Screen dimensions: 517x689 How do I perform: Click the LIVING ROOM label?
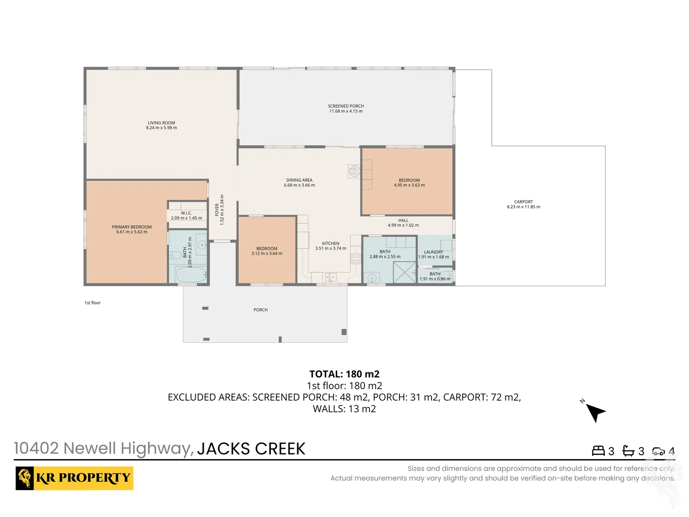click(x=161, y=123)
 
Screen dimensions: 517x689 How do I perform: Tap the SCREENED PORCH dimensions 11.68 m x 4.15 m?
click(x=345, y=111)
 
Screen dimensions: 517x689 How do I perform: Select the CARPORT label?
click(x=523, y=202)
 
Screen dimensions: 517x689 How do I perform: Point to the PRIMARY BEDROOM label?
click(x=132, y=227)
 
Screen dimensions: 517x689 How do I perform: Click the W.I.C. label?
click(x=186, y=213)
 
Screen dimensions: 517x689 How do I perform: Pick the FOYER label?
click(x=217, y=210)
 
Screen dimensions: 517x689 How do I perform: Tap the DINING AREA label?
click(x=299, y=180)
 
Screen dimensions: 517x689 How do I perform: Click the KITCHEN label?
click(x=331, y=243)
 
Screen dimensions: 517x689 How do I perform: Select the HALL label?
click(x=403, y=220)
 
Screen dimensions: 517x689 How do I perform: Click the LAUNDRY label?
click(x=433, y=252)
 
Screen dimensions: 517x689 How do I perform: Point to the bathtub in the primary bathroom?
click(x=191, y=275)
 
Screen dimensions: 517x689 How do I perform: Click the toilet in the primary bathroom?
click(x=175, y=254)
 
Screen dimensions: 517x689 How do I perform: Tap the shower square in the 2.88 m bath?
click(x=404, y=273)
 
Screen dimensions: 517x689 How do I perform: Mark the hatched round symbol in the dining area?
click(x=354, y=171)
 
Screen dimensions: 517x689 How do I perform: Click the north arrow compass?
click(x=595, y=411)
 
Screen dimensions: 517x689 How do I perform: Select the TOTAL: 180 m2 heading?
click(x=344, y=374)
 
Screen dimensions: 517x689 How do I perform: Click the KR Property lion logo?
click(x=25, y=478)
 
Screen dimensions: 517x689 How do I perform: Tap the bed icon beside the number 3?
click(x=598, y=451)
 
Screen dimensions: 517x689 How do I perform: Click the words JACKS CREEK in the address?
click(x=251, y=449)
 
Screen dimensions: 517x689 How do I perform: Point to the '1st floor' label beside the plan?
click(x=92, y=303)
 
